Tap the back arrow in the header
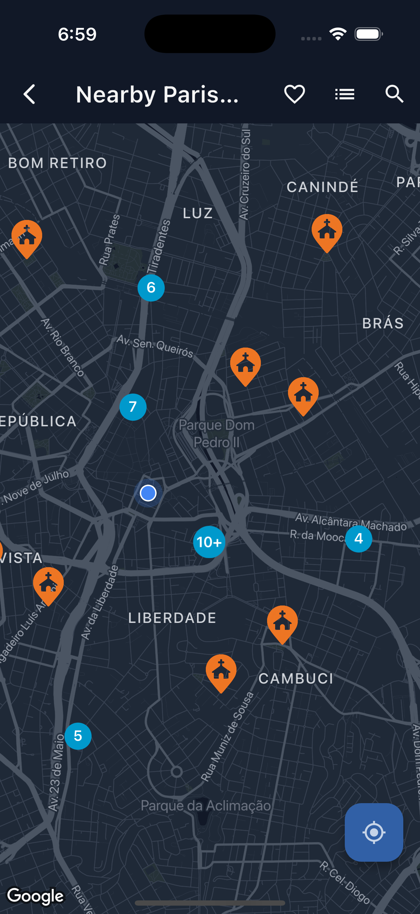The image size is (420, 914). [29, 94]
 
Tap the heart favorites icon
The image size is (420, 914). [294, 94]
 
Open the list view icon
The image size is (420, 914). [344, 94]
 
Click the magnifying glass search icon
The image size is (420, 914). [394, 94]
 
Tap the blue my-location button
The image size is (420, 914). [374, 832]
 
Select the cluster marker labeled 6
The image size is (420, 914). [151, 288]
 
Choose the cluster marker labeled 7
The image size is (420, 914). [133, 407]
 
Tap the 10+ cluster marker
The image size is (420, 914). [209, 542]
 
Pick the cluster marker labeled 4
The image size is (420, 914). [358, 539]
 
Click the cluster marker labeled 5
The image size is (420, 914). [78, 736]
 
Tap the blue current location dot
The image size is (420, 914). [148, 493]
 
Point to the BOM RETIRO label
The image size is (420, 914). [57, 163]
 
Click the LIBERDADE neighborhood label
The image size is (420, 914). [172, 618]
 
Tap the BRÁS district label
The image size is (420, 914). [383, 323]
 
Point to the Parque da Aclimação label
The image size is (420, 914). [205, 806]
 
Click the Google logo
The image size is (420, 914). [36, 896]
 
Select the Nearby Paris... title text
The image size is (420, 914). [157, 95]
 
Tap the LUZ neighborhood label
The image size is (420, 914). [198, 213]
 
